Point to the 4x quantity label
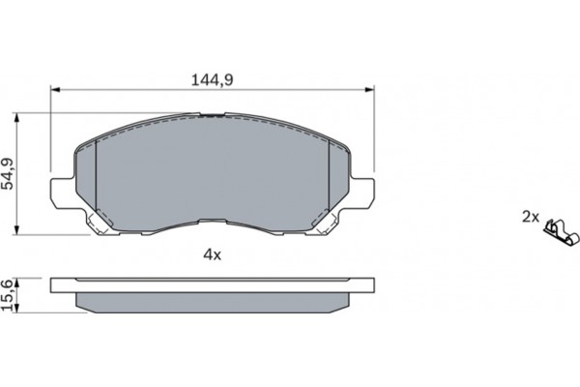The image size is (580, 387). [212, 255]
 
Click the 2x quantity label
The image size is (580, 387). [530, 217]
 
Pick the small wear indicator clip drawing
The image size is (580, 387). [560, 230]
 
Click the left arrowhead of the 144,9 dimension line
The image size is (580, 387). [52, 89]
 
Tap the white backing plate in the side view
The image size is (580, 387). [212, 285]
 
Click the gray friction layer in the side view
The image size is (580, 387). [212, 304]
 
